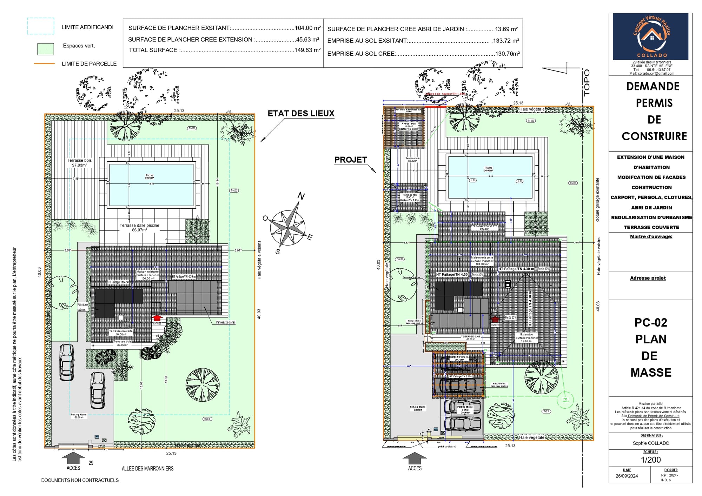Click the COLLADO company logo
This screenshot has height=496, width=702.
(650, 36)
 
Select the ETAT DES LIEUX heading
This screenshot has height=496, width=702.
(301, 114)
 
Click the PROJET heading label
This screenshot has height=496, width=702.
(350, 160)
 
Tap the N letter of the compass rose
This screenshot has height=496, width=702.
(301, 196)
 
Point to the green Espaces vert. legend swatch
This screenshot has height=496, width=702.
(46, 49)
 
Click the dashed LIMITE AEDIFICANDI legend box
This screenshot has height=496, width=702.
(41, 26)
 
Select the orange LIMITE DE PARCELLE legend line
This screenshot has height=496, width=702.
(44, 64)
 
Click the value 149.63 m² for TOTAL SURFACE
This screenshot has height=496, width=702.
(307, 50)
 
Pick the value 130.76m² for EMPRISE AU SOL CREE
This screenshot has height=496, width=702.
(507, 54)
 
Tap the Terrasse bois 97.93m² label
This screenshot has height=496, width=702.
(79, 163)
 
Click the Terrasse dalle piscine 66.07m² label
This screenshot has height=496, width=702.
(139, 228)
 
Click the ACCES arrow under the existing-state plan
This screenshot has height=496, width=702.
(73, 458)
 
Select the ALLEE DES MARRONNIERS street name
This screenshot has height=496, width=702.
(147, 469)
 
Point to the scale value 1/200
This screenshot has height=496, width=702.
(650, 460)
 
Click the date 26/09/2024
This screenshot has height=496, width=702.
(627, 476)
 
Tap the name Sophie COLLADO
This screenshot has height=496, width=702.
(650, 443)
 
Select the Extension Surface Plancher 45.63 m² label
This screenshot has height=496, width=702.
(526, 337)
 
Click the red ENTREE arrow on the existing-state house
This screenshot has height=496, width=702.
(157, 318)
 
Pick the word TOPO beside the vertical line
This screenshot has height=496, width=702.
(587, 83)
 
